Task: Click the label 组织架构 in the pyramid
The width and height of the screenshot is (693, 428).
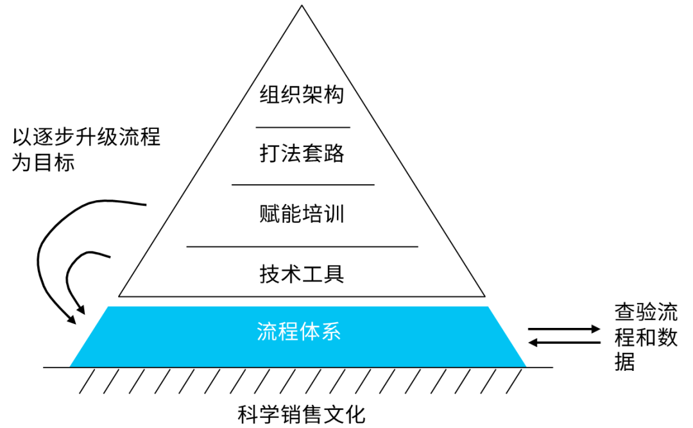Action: click(302, 95)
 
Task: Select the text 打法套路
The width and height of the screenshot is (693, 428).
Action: click(302, 154)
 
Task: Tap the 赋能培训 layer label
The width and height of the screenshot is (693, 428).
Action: click(302, 213)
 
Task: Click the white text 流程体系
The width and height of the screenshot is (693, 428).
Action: click(298, 332)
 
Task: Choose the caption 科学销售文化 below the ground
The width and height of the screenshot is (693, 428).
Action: click(301, 414)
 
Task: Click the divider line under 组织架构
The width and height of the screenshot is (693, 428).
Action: click(303, 128)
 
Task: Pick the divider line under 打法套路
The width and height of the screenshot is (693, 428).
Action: click(303, 185)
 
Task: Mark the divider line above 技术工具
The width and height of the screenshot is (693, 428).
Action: click(302, 246)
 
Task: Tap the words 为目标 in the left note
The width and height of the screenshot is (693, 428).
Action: click(44, 162)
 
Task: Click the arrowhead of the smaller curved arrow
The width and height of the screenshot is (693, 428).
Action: click(81, 311)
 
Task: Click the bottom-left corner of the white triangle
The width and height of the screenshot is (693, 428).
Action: click(120, 296)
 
